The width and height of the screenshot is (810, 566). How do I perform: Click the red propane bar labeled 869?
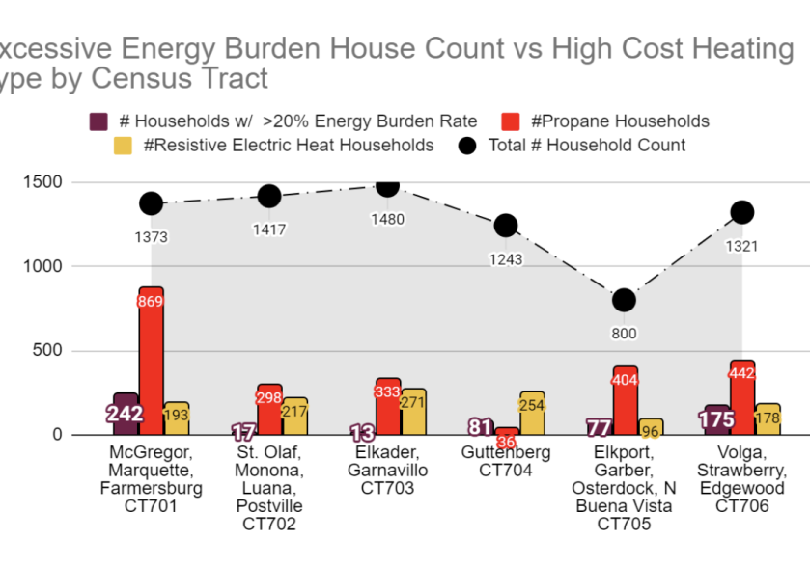point(151,361)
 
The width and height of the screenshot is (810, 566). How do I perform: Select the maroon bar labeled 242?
point(126,414)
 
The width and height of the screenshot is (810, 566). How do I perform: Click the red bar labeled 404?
point(625,400)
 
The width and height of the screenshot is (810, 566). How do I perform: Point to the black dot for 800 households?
point(624,300)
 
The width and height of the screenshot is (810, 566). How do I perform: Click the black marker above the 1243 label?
point(506,226)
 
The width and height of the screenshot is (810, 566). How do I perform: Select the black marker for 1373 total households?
point(151,203)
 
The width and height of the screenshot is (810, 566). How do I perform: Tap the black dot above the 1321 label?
point(741,212)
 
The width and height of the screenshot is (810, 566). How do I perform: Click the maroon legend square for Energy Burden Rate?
point(98,121)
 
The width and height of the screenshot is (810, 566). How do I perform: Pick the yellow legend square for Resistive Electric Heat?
point(123,146)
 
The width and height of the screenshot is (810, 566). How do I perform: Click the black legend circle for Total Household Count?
point(468,146)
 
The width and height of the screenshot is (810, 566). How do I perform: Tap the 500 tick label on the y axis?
point(48,351)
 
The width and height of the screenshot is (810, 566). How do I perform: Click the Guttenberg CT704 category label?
point(506,462)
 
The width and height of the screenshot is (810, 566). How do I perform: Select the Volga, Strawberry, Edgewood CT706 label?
point(742,479)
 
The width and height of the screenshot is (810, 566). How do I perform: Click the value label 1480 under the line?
point(387,219)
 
